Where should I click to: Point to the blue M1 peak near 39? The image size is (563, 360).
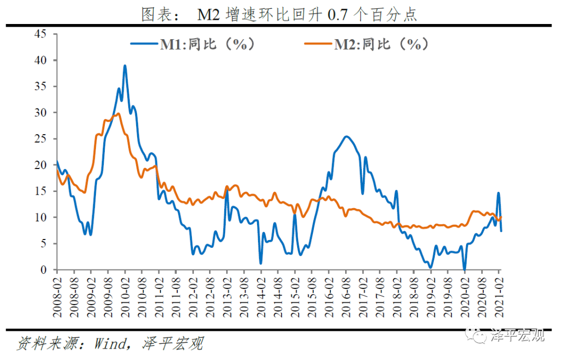click(125, 66)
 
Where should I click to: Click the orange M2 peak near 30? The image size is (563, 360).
click(118, 114)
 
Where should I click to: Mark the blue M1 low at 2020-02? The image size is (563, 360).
click(465, 269)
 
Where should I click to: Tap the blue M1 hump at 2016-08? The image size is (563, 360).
click(347, 137)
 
